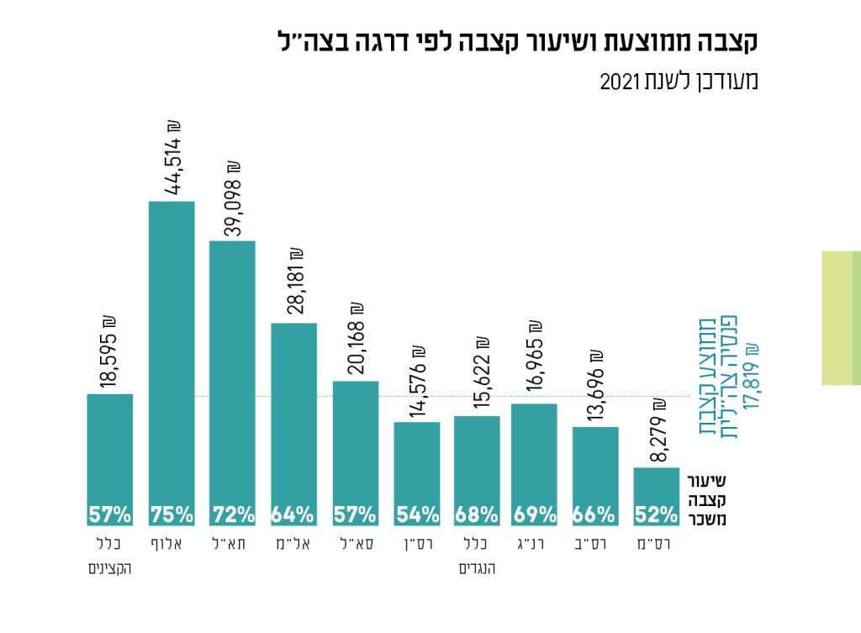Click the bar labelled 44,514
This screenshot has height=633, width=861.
[172, 353]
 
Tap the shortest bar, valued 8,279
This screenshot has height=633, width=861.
[656, 488]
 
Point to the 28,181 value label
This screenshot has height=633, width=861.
[294, 285]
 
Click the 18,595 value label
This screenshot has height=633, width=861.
[110, 352]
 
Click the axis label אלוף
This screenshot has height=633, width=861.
[172, 544]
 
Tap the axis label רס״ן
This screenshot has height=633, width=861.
[417, 544]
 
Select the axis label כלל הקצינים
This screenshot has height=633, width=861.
[110, 556]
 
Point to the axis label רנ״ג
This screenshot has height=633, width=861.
[534, 544]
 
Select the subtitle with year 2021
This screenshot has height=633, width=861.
[679, 82]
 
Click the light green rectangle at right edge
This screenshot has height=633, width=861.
[841, 317]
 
